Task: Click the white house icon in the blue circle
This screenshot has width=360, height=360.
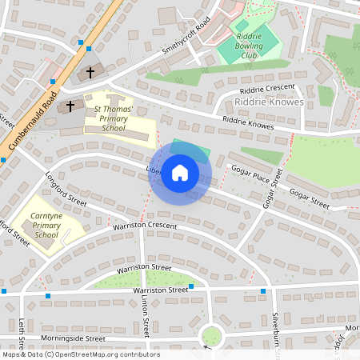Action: click(x=180, y=173)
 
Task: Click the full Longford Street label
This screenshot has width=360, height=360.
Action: click(x=66, y=192)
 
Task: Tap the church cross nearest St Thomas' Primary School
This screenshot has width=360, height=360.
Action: click(x=70, y=106)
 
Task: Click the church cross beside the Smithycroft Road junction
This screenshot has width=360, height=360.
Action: click(x=90, y=73)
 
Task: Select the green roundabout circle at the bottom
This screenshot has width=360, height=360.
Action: click(x=211, y=335)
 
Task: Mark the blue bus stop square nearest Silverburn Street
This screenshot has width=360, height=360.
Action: click(x=263, y=290)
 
